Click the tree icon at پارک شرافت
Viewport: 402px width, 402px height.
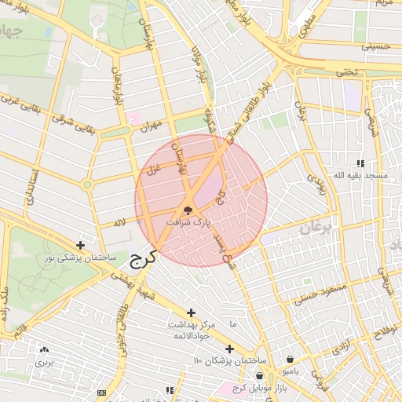[187, 210]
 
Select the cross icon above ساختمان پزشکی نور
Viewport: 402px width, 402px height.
[80, 246]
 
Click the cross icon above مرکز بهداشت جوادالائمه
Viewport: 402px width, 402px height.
[192, 312]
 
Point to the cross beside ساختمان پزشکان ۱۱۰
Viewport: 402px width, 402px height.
[229, 349]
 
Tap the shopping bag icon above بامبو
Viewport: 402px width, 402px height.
[290, 359]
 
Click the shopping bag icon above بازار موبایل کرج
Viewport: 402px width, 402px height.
[260, 377]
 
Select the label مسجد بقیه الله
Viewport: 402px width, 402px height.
[361, 175]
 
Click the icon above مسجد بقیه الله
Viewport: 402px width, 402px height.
[360, 163]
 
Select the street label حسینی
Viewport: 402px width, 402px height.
[375, 46]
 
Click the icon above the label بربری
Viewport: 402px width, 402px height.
[44, 349]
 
